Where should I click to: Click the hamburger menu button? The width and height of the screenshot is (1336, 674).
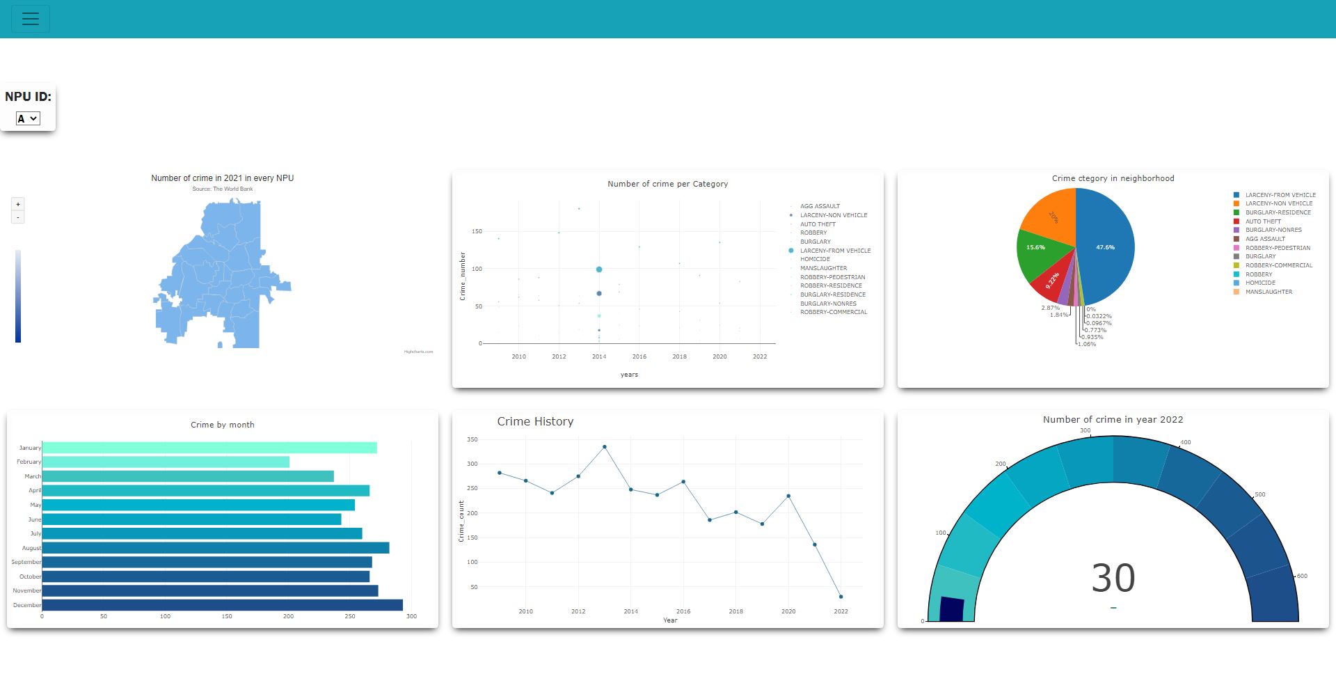pyautogui.click(x=31, y=19)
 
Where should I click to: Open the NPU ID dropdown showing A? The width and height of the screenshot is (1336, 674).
pyautogui.click(x=28, y=118)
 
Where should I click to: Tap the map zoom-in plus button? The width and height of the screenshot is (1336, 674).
pyautogui.click(x=18, y=204)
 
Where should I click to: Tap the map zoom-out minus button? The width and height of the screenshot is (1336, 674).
pyautogui.click(x=18, y=217)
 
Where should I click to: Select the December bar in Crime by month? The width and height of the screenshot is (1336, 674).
pyautogui.click(x=222, y=605)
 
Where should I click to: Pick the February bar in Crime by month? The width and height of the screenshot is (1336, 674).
pyautogui.click(x=166, y=462)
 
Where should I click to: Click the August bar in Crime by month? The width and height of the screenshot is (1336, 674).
pyautogui.click(x=216, y=548)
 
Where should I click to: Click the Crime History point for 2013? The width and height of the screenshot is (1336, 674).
pyautogui.click(x=605, y=447)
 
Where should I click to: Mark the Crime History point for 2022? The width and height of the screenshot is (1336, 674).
pyautogui.click(x=841, y=597)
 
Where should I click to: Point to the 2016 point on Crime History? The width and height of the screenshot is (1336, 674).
pyautogui.click(x=683, y=482)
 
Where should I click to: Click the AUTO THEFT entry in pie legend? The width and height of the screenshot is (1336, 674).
pyautogui.click(x=1263, y=221)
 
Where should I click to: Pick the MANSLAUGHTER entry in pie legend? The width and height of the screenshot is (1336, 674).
pyautogui.click(x=1269, y=292)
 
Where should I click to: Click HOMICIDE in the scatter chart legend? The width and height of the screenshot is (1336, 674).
pyautogui.click(x=815, y=259)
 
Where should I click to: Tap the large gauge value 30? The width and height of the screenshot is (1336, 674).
pyautogui.click(x=1113, y=578)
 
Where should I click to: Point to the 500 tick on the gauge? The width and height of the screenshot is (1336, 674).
pyautogui.click(x=1259, y=495)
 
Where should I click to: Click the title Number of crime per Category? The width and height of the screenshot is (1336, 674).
pyautogui.click(x=667, y=184)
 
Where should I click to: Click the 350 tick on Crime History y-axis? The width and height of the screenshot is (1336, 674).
pyautogui.click(x=472, y=439)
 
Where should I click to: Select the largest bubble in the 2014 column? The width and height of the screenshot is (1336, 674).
pyautogui.click(x=599, y=269)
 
